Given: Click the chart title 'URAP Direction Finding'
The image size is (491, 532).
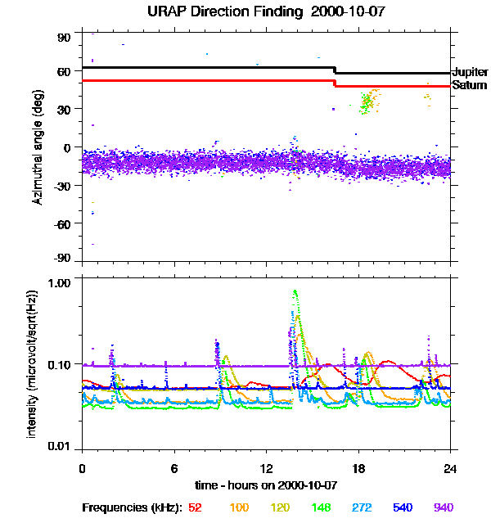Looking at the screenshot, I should click(217, 11).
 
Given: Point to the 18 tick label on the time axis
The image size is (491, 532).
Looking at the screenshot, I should click(358, 468).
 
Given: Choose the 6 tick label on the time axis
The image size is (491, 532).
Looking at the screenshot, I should click(174, 468).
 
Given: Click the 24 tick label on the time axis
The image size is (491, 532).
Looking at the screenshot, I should click(450, 468).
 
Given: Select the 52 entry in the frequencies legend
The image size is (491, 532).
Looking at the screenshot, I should click(195, 507).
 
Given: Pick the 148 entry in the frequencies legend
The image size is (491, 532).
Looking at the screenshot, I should click(320, 507).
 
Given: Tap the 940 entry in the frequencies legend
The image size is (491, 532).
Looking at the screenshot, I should click(443, 507).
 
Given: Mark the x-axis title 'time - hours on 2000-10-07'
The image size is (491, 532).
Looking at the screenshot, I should click(266, 485).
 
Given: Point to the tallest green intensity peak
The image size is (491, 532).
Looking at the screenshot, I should click(295, 291).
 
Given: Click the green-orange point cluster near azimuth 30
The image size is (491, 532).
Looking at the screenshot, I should click(367, 101).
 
